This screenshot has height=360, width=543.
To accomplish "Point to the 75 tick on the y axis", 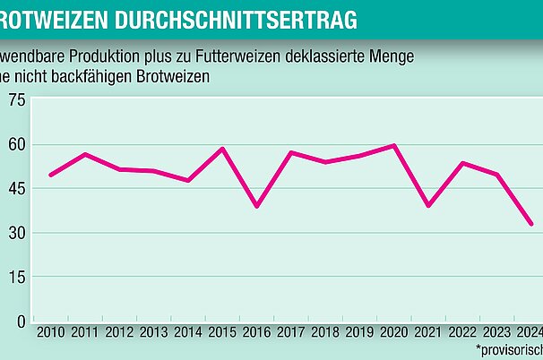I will tap(16, 100).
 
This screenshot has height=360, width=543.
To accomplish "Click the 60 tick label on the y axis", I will tap(16, 144).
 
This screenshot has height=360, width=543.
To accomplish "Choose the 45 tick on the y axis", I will tap(16, 188).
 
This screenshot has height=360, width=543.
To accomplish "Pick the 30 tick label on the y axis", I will tap(16, 233).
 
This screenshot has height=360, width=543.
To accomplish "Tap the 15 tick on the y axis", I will tap(16, 277).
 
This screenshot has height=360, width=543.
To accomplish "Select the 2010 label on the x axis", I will tap(50, 333).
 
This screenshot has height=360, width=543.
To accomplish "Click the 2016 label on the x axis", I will tap(257, 333).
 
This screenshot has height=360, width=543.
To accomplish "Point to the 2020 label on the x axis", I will tap(395, 333).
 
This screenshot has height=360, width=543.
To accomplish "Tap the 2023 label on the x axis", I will tap(498, 333).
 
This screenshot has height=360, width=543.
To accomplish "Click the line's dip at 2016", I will tap(257, 206).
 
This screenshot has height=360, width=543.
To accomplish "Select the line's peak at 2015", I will tap(222, 149).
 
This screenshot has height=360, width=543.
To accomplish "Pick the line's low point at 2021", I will tap(429, 206).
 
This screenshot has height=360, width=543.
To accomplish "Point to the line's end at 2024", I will tap(532, 224).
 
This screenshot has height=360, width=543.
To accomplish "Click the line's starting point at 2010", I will tap(50, 175).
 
